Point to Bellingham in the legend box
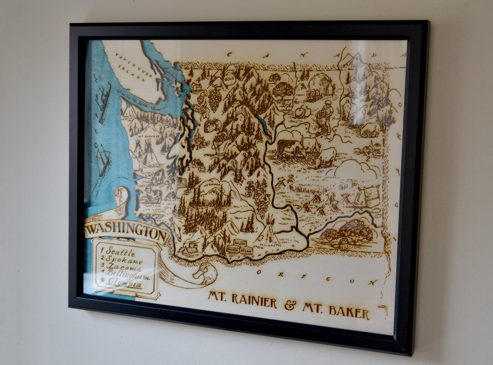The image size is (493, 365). [x=126, y=277]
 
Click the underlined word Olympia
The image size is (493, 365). [x=124, y=285]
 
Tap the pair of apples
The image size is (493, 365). [x=303, y=111]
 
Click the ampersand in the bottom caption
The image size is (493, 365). [x=290, y=305]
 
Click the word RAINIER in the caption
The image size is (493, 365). [x=253, y=300]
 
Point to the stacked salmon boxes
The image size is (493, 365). [x=240, y=247]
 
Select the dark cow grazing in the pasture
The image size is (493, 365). [x=285, y=148]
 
